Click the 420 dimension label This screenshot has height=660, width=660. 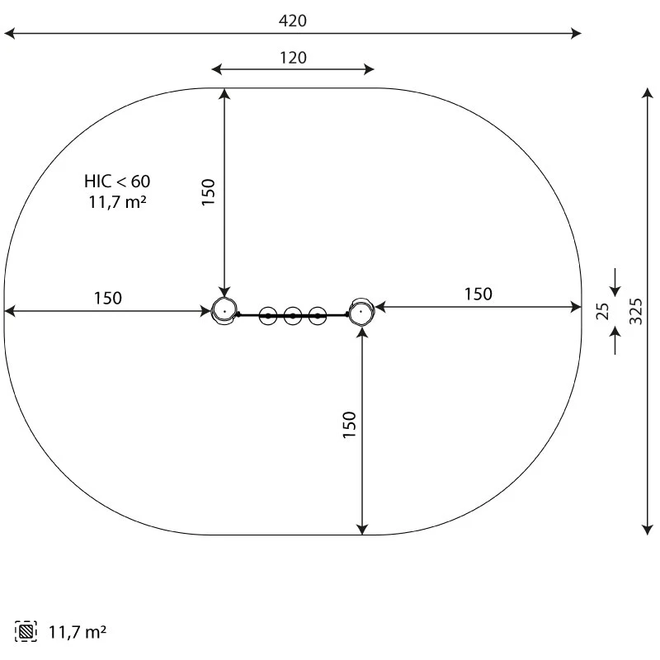pos(293,21)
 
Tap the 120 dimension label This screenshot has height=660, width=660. pos(293,58)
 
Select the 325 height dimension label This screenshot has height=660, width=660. pos(636,311)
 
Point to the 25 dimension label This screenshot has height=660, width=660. pos(603,311)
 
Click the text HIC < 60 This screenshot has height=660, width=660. pos(117,181)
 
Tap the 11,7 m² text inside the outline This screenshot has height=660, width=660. pos(117,202)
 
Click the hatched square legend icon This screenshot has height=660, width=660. pos(26,631)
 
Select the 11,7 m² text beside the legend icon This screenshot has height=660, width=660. pos(78,632)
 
